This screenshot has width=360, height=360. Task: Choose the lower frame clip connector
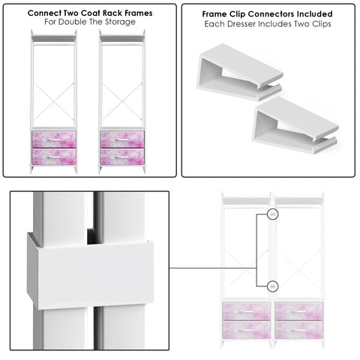294,126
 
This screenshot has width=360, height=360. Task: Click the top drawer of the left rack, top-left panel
54,139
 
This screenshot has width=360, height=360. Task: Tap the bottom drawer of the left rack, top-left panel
54,157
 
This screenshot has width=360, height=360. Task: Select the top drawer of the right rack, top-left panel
122,139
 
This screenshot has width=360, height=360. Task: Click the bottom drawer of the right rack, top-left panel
122,157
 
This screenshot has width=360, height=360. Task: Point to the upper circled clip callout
272,215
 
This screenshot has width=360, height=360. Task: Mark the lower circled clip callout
272,285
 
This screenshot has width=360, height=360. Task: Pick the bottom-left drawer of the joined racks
246,329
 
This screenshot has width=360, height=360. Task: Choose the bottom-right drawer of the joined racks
299,329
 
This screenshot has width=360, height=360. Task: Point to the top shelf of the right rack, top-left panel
122,37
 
